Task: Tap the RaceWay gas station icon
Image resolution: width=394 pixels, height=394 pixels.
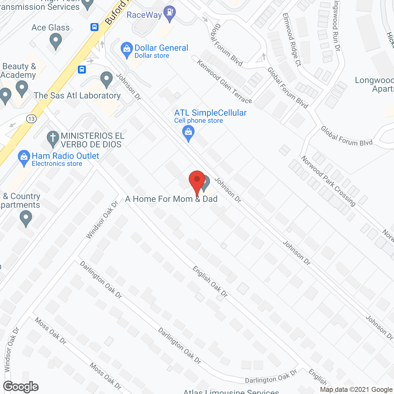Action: click(x=169, y=14)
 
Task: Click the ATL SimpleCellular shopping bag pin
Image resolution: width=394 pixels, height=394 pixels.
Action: click(x=188, y=133)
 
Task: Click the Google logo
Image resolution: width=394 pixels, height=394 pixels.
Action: click(x=21, y=387)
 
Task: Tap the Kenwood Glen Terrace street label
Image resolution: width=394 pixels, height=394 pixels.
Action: click(x=224, y=81)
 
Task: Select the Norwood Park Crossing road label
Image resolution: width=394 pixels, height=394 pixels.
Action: click(x=328, y=181)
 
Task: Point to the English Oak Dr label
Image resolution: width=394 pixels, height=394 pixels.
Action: click(x=210, y=282)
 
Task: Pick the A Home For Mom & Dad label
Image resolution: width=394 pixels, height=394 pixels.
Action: click(x=171, y=199)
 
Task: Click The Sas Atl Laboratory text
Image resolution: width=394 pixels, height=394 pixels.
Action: click(x=77, y=96)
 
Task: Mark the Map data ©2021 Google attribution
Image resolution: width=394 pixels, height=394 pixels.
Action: click(x=356, y=390)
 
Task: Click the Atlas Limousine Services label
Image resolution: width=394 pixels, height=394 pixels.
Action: click(x=231, y=392)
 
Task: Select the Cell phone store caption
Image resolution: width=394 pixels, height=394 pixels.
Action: click(x=199, y=121)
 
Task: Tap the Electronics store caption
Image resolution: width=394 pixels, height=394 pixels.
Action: click(x=57, y=164)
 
